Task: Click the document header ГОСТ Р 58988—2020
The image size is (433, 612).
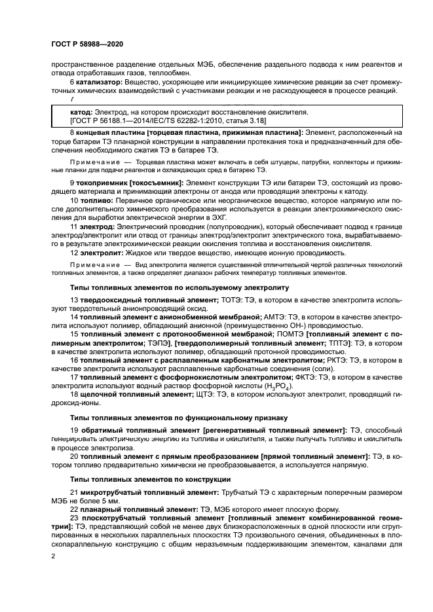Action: (x=86, y=43)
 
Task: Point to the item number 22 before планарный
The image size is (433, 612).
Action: (x=74, y=509)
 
